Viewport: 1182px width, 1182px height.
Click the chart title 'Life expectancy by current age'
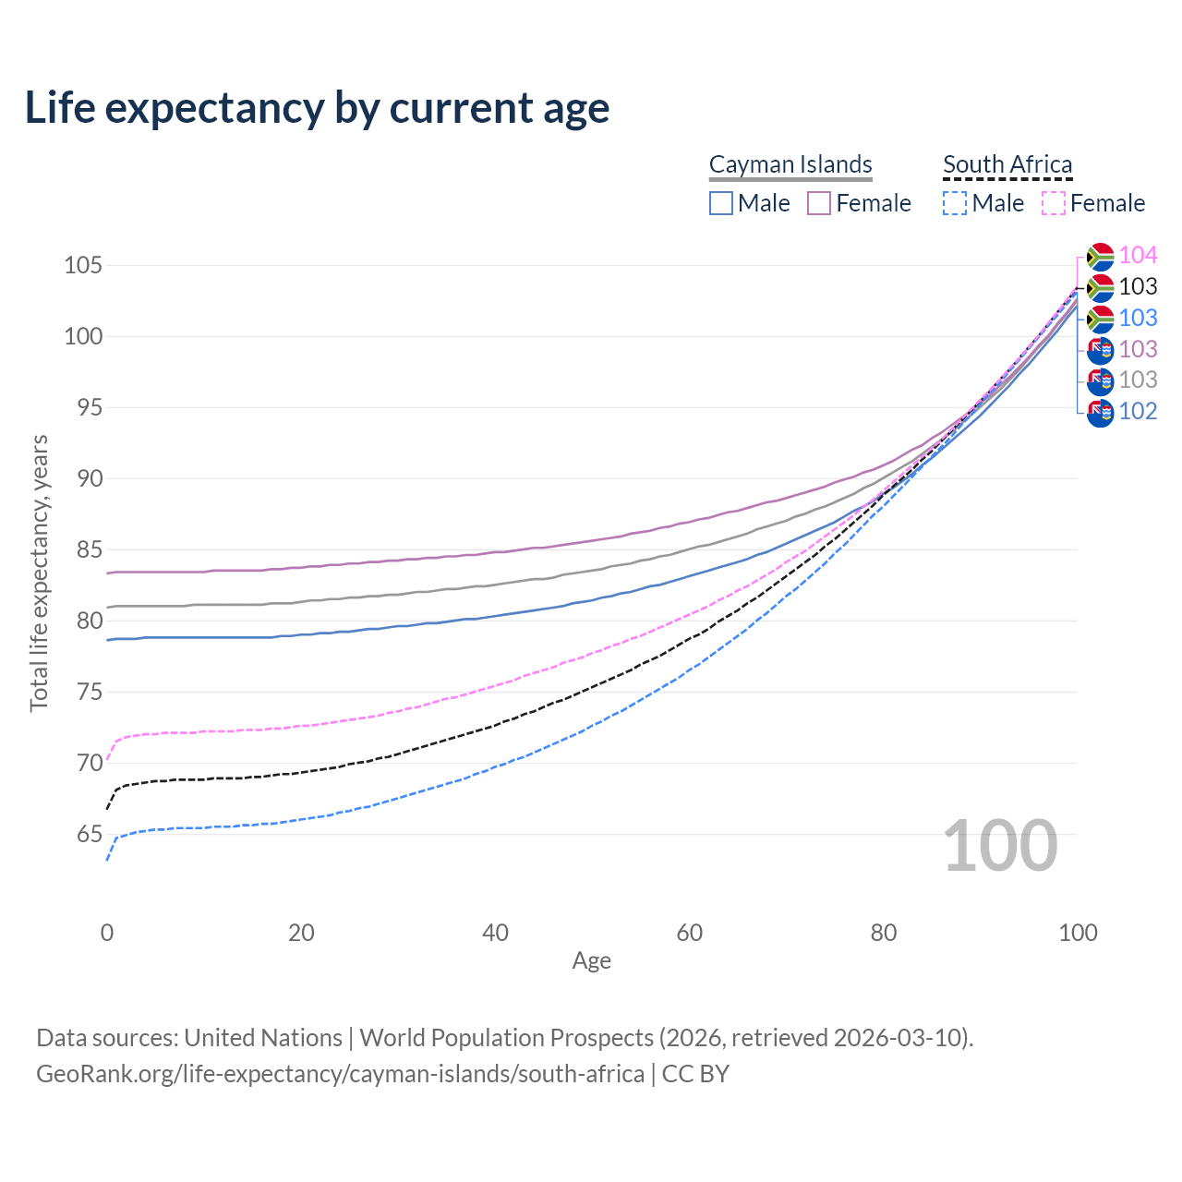tap(317, 107)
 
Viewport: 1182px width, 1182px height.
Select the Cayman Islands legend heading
tap(790, 164)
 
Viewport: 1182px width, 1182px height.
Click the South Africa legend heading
tap(1007, 164)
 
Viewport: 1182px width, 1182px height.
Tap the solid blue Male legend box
tap(721, 203)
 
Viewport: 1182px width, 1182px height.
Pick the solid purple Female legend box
tap(819, 203)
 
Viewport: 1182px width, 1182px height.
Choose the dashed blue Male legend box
tap(955, 203)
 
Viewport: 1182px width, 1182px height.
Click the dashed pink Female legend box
tap(1054, 203)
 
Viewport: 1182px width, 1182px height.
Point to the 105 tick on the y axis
tap(82, 266)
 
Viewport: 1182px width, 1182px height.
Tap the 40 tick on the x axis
tap(496, 933)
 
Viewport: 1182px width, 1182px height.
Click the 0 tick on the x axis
tap(107, 933)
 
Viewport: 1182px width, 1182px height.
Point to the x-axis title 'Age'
tap(592, 961)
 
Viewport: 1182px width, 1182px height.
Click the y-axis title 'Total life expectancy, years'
tap(39, 573)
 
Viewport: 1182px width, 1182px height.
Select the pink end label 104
tap(1138, 256)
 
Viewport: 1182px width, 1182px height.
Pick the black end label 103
tap(1138, 287)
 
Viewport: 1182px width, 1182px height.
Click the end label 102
tap(1138, 412)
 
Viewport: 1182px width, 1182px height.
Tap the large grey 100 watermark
tap(1000, 846)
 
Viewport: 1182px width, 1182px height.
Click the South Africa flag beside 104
tap(1100, 256)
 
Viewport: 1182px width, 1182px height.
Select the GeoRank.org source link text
tap(340, 1074)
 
